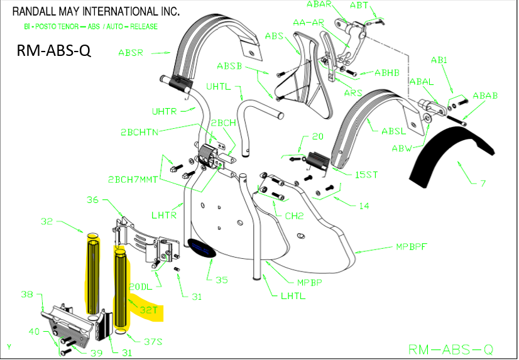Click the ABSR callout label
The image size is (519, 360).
pyautogui.click(x=131, y=53)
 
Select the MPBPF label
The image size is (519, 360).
pyautogui.click(x=412, y=246)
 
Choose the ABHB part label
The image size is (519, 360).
pyautogui.click(x=387, y=73)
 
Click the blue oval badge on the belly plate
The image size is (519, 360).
pyautogui.click(x=200, y=248)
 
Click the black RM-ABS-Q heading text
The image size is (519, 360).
pyautogui.click(x=54, y=51)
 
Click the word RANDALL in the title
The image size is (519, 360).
pyautogui.click(x=38, y=11)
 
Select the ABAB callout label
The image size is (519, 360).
pyautogui.click(x=485, y=96)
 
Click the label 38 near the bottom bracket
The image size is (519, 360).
pyautogui.click(x=26, y=293)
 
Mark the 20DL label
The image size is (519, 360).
pyautogui.click(x=141, y=286)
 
